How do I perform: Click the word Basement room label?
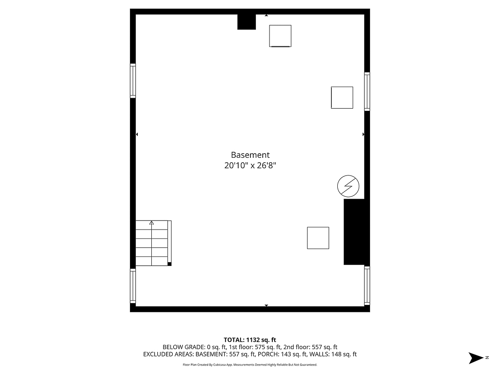click(x=250, y=155)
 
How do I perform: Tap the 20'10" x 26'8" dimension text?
click(x=250, y=166)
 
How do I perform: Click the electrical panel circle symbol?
click(x=348, y=186)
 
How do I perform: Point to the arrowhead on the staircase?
click(x=151, y=223)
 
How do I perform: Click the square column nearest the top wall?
click(x=280, y=36)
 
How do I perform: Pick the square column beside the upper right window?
click(x=342, y=98)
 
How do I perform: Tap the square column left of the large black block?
click(x=318, y=238)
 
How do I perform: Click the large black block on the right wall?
click(x=354, y=232)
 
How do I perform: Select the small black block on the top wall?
click(x=247, y=22)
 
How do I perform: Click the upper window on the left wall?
click(x=133, y=81)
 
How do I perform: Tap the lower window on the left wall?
click(x=133, y=286)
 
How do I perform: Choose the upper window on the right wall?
click(x=367, y=91)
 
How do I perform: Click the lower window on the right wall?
click(x=367, y=285)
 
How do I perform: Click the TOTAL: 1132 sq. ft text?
click(x=250, y=340)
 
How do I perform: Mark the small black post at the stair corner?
click(x=170, y=264)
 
